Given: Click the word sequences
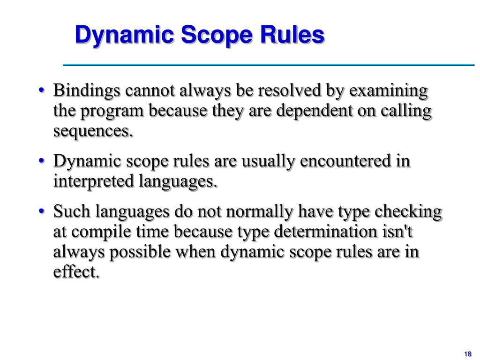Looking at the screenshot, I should point(93,132).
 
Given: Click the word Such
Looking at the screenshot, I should point(72,212).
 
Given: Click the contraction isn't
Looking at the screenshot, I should point(401,232).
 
